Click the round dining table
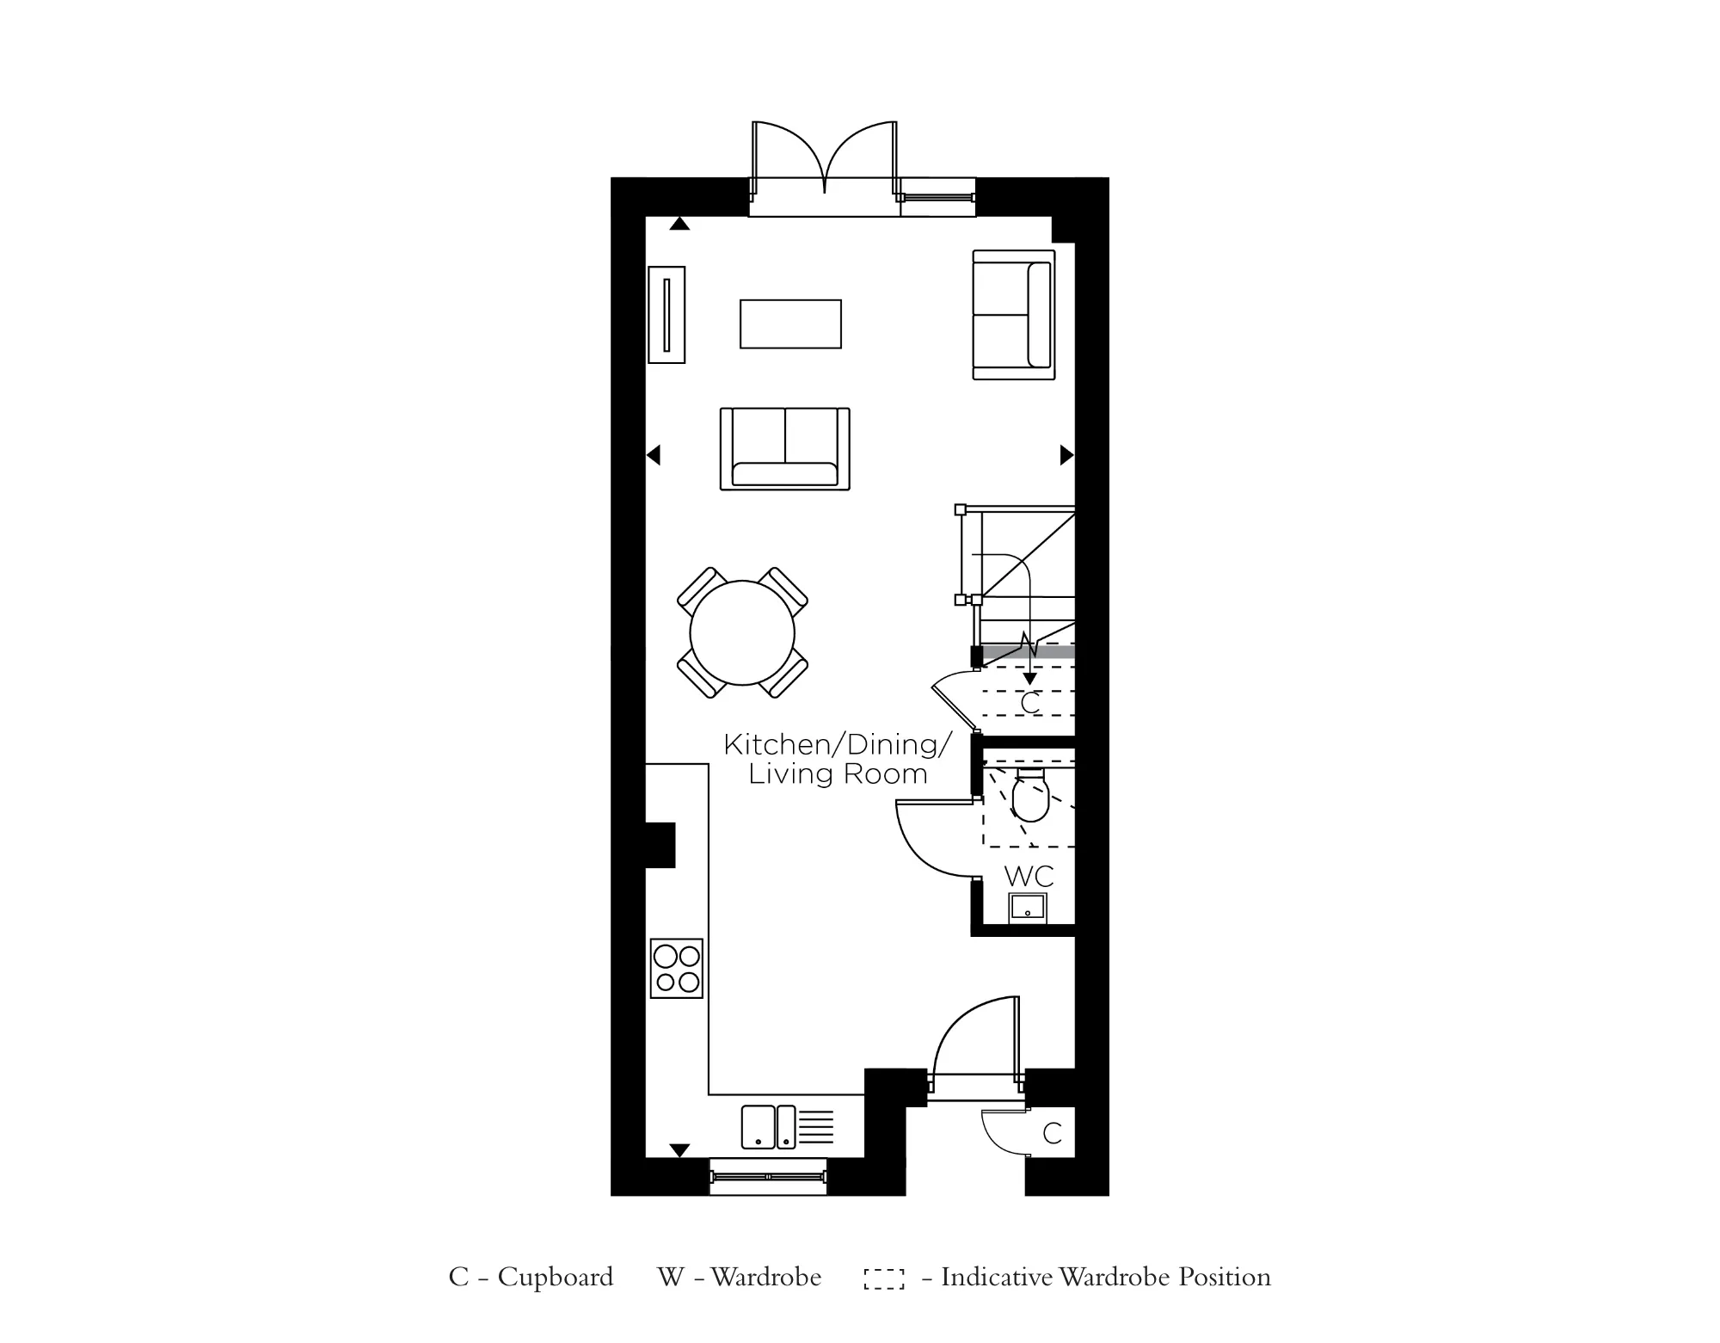click(741, 633)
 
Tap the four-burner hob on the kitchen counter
click(677, 969)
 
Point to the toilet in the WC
click(1029, 798)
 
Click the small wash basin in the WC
click(1028, 908)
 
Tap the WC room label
click(1029, 877)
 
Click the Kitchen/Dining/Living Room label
click(838, 759)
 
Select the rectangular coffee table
click(790, 323)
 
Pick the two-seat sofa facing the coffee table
click(784, 449)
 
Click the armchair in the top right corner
click(1013, 315)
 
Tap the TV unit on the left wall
click(666, 315)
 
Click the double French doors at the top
click(825, 163)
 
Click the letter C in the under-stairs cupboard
click(1029, 704)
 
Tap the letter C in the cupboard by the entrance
click(1052, 1134)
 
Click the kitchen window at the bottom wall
click(768, 1175)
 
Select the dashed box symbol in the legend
click(884, 1278)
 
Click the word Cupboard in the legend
click(555, 1277)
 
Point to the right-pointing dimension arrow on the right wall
click(1066, 454)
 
